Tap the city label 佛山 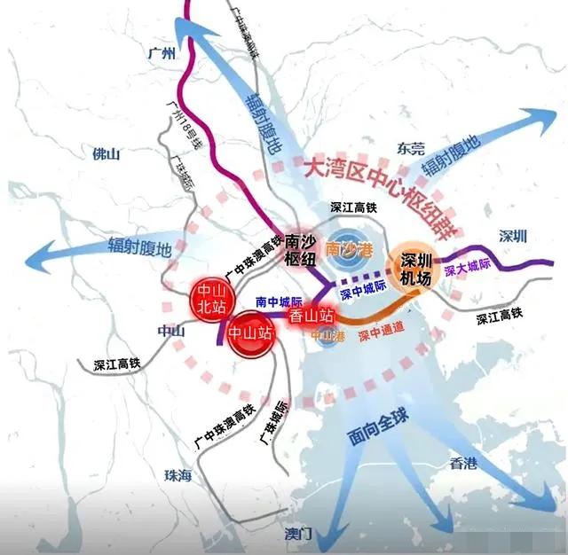pyautogui.click(x=106, y=153)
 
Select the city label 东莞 pyautogui.click(x=412, y=149)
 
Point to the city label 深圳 pyautogui.click(x=513, y=236)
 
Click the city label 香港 pyautogui.click(x=463, y=463)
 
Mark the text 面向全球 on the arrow pyautogui.click(x=372, y=434)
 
